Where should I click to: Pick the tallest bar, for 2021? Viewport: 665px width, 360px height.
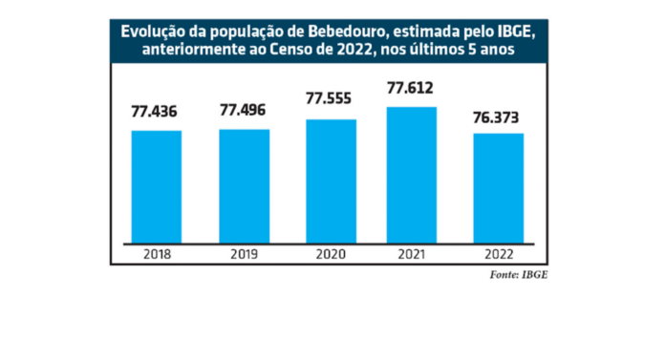coord(411,174)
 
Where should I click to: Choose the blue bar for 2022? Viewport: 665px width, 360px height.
coord(498,187)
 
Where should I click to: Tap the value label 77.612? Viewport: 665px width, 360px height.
coord(411,90)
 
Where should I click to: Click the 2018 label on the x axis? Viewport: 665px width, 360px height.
coord(157,255)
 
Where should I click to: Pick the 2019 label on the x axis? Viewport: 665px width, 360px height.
coord(245,255)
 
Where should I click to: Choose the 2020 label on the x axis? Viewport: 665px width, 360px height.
coord(332,255)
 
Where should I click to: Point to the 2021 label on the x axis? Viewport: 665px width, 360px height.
coord(411,255)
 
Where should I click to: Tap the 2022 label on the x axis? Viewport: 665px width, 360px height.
coord(498,255)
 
